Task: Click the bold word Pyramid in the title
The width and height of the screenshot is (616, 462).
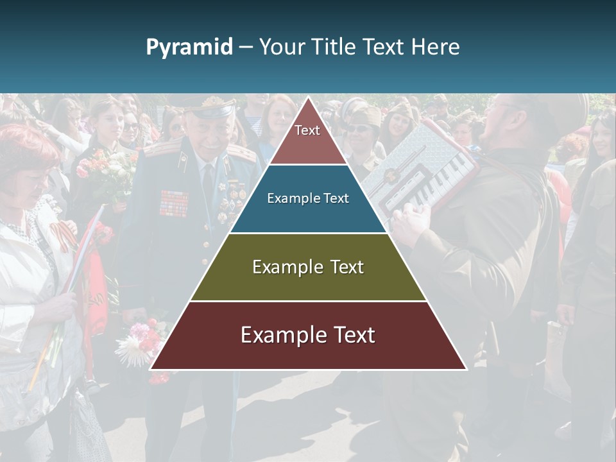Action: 189,47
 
